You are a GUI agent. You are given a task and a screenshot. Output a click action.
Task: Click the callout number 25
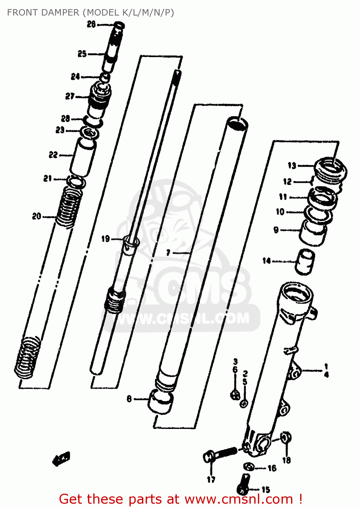coord(82,54)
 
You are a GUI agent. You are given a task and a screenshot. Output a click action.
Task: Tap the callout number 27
coord(70,96)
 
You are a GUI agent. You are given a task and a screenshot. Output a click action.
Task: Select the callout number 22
coord(53,155)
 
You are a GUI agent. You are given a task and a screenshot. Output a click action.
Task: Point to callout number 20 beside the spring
coord(37,216)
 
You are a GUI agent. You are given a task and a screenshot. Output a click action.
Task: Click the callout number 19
coord(105,239)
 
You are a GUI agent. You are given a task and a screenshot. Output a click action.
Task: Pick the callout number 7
coord(168,252)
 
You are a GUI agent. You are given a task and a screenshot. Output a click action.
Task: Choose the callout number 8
coord(129,399)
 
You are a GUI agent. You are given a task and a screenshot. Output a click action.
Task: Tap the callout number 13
coord(292,165)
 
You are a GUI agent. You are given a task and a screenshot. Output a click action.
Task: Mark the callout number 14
coord(266,261)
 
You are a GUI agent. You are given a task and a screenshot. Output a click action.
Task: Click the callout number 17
coord(211,479)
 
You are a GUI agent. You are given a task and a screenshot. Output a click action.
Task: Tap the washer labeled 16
coord(249,467)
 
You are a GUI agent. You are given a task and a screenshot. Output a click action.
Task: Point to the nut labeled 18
coord(286,438)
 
